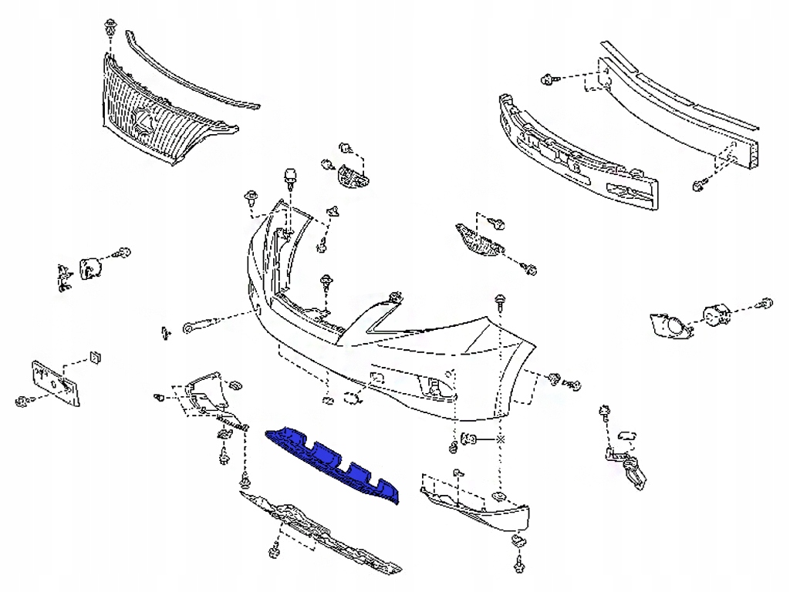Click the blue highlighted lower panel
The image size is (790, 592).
point(332,462)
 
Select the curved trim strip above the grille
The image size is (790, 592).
point(193,73)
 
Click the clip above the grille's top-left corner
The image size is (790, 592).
point(109,29)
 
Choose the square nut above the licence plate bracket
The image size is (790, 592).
point(96,357)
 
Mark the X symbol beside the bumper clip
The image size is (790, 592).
point(501,439)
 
